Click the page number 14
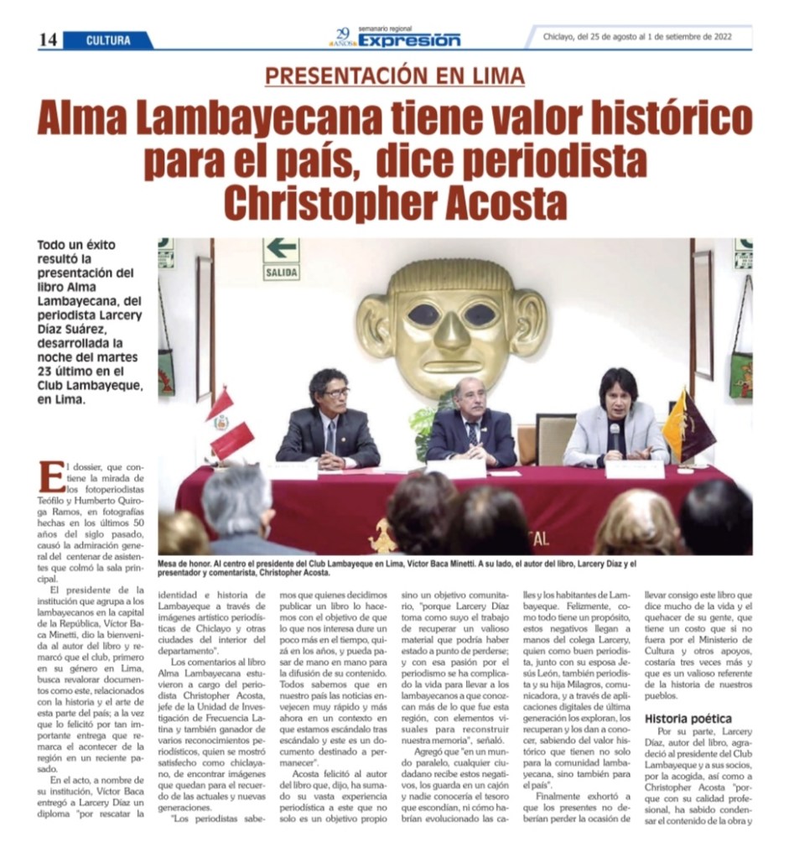click(48, 39)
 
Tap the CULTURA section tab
click(109, 40)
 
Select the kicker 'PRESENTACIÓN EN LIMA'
click(395, 75)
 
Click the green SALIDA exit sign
click(281, 258)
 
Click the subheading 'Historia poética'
click(688, 718)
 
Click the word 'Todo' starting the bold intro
click(53, 246)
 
